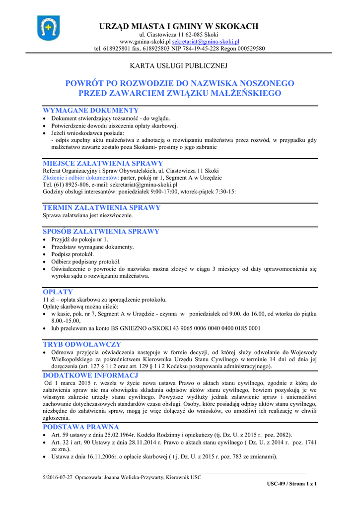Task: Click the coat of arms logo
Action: click(x=48, y=28)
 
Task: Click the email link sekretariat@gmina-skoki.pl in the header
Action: click(x=206, y=42)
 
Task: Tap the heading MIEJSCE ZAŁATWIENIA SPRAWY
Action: click(x=103, y=163)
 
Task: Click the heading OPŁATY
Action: click(x=58, y=292)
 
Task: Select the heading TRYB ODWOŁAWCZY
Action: click(x=82, y=344)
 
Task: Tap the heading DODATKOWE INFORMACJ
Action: click(x=90, y=376)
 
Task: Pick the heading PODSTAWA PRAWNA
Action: click(x=81, y=427)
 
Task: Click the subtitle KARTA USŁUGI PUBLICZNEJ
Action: click(x=178, y=65)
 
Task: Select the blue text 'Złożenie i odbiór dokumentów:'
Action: click(x=81, y=178)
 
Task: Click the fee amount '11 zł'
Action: click(x=49, y=300)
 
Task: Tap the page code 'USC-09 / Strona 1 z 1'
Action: click(x=291, y=484)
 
